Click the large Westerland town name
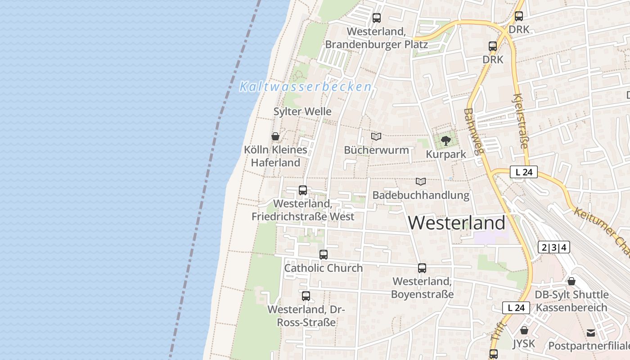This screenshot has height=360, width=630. tap(457, 223)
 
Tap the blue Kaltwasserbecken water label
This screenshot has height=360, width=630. tap(306, 86)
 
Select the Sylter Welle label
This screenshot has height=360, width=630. tap(302, 112)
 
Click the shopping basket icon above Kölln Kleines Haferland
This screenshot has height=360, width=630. tap(275, 136)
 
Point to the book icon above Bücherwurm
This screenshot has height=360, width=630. tap(376, 136)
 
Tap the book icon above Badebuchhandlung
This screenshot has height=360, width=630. tap(421, 181)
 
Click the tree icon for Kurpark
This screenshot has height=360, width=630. tap(446, 141)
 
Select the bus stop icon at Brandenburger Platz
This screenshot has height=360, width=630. tap(377, 18)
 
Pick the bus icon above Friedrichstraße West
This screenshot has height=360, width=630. tap(303, 190)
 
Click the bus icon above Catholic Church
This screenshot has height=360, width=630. tap(324, 255)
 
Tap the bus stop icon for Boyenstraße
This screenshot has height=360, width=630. tap(422, 268)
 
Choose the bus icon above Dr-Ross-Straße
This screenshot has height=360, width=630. tap(306, 296)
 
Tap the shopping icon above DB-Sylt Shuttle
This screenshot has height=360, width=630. tap(571, 281)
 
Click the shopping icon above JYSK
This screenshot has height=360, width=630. tap(524, 330)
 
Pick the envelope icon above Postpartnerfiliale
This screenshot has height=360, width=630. tap(591, 333)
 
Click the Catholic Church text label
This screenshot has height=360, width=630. tap(323, 268)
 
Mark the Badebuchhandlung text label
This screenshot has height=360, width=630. tap(421, 195)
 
